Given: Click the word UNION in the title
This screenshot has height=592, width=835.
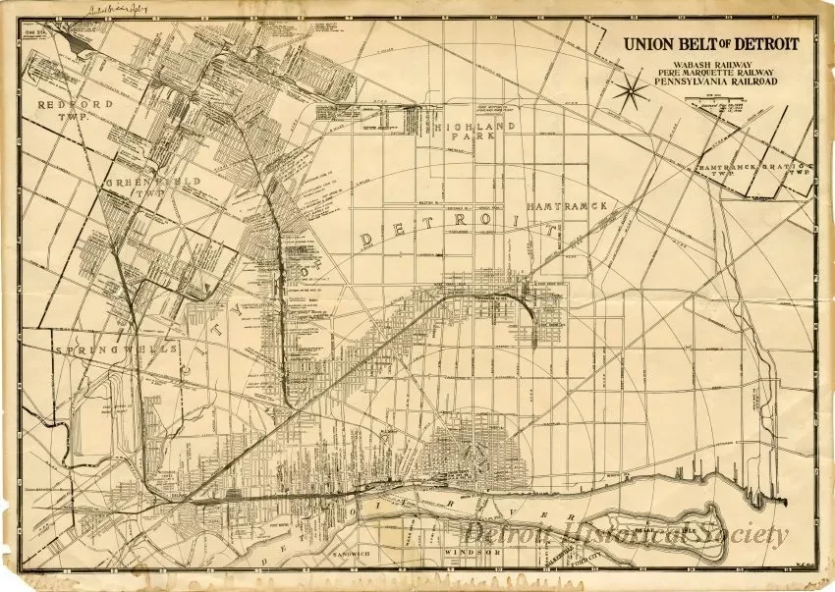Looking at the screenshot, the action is pyautogui.click(x=648, y=44).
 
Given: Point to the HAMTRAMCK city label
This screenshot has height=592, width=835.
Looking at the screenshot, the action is pyautogui.click(x=571, y=206).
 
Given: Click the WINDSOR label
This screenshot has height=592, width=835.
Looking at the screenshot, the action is pyautogui.click(x=473, y=553).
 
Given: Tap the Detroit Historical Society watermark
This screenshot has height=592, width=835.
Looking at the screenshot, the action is pyautogui.click(x=626, y=534).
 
